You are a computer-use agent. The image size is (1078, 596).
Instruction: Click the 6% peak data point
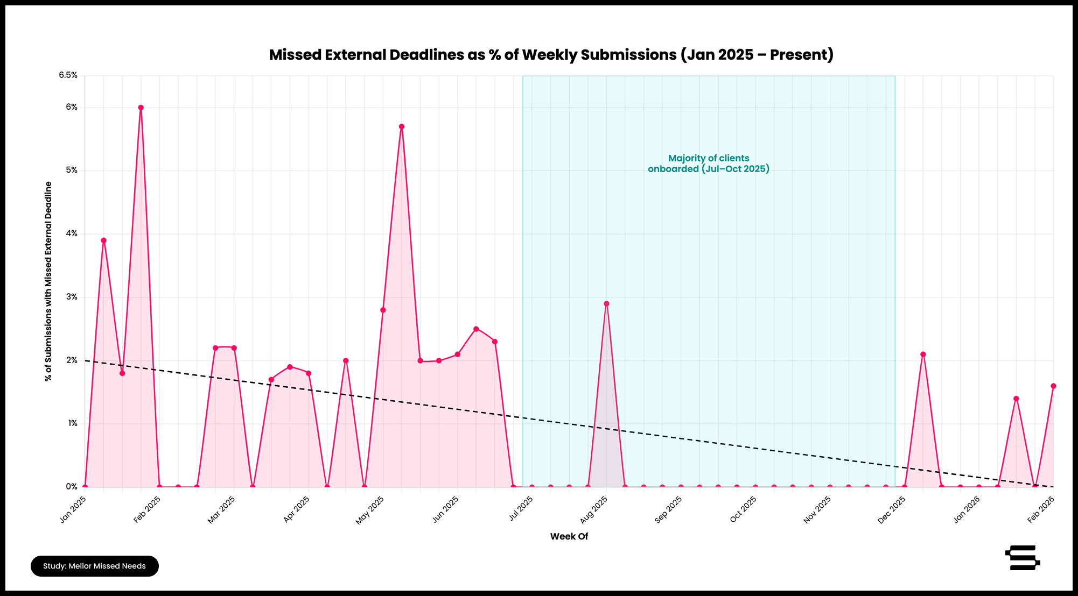tap(141, 108)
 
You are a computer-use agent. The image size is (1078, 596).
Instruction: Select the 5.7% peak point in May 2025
tap(402, 126)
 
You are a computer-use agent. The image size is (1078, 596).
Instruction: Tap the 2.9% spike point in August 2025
tap(606, 304)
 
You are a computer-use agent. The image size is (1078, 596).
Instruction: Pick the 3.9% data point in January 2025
tap(103, 240)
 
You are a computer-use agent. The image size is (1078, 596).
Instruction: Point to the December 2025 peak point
tap(923, 354)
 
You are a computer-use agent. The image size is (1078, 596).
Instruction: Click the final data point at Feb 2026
tap(1053, 386)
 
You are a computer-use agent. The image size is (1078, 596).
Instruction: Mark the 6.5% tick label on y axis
tap(68, 75)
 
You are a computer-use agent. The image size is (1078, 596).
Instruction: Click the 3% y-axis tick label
tap(72, 297)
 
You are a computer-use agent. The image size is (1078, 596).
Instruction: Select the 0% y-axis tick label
tap(72, 487)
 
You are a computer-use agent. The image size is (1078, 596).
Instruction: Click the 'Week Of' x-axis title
tap(569, 536)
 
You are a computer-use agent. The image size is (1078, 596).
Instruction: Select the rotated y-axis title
tap(48, 281)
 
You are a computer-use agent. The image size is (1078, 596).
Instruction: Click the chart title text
tap(551, 55)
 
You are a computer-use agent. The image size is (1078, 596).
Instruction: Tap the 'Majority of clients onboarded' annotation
tap(708, 164)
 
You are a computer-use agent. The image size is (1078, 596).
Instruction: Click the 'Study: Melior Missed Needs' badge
tap(95, 566)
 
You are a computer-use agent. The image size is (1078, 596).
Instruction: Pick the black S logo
tap(1022, 558)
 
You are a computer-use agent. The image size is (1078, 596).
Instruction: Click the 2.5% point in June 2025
tap(476, 329)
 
